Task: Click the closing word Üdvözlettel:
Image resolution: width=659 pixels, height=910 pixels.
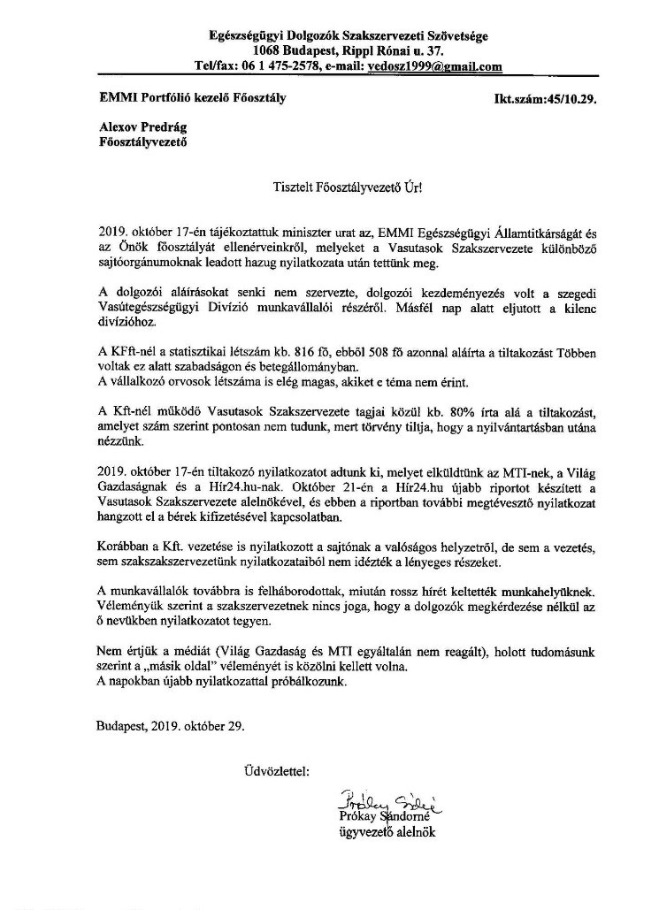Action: pyautogui.click(x=276, y=772)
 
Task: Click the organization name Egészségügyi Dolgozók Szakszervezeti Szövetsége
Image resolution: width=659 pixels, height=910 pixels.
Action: pyautogui.click(x=348, y=36)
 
